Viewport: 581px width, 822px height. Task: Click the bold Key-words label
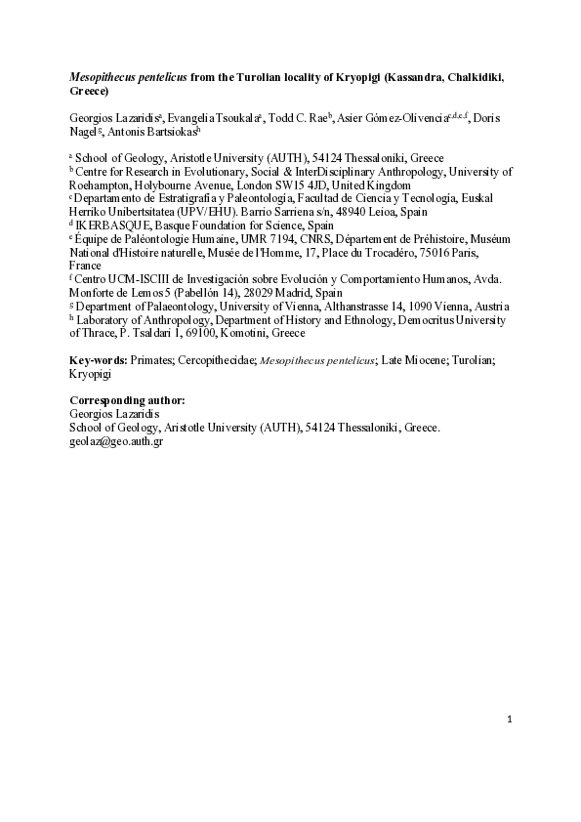(x=101, y=360)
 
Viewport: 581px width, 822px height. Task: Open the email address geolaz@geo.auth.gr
(x=116, y=441)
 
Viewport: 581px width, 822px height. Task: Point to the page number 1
(x=510, y=720)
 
